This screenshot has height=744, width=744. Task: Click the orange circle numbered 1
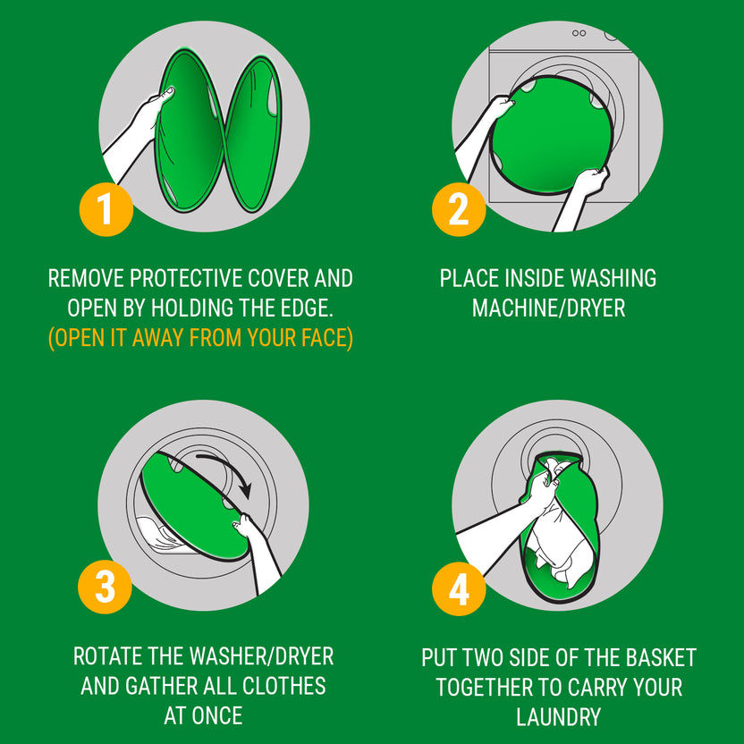point(106,209)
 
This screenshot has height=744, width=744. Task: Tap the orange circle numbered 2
point(459,209)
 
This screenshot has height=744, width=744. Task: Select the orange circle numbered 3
point(105,587)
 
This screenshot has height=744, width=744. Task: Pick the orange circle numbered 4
point(459,588)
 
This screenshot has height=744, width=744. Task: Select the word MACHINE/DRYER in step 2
point(548,309)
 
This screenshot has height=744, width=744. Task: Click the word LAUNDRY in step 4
point(559,716)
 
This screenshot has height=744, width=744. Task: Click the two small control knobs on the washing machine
point(579,33)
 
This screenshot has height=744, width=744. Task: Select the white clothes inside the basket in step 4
point(560,531)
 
